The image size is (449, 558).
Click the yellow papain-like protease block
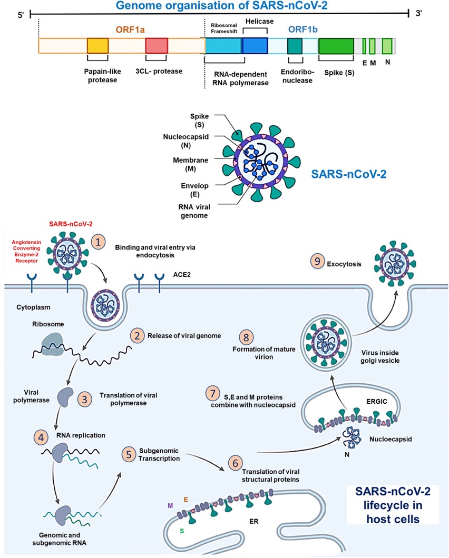(x=97, y=46)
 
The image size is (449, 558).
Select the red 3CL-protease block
(x=157, y=46)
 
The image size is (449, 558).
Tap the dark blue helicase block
(x=255, y=46)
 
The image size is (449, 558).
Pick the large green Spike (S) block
(x=336, y=46)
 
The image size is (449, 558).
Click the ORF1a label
(x=130, y=29)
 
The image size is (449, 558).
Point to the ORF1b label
(x=303, y=29)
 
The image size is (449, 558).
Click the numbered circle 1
(x=99, y=242)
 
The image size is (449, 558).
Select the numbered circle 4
(x=41, y=437)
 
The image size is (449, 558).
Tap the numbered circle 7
(x=213, y=394)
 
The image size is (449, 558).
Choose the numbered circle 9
(x=317, y=262)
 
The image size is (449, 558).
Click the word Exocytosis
(x=344, y=264)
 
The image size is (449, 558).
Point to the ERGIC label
(x=377, y=402)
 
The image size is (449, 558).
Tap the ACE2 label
(x=182, y=275)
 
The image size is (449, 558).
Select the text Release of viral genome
(x=184, y=335)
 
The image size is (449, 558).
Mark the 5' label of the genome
(x=22, y=16)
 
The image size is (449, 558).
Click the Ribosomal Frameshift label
(x=224, y=28)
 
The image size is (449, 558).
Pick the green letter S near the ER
(x=182, y=531)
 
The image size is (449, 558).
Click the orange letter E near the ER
(x=186, y=500)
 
